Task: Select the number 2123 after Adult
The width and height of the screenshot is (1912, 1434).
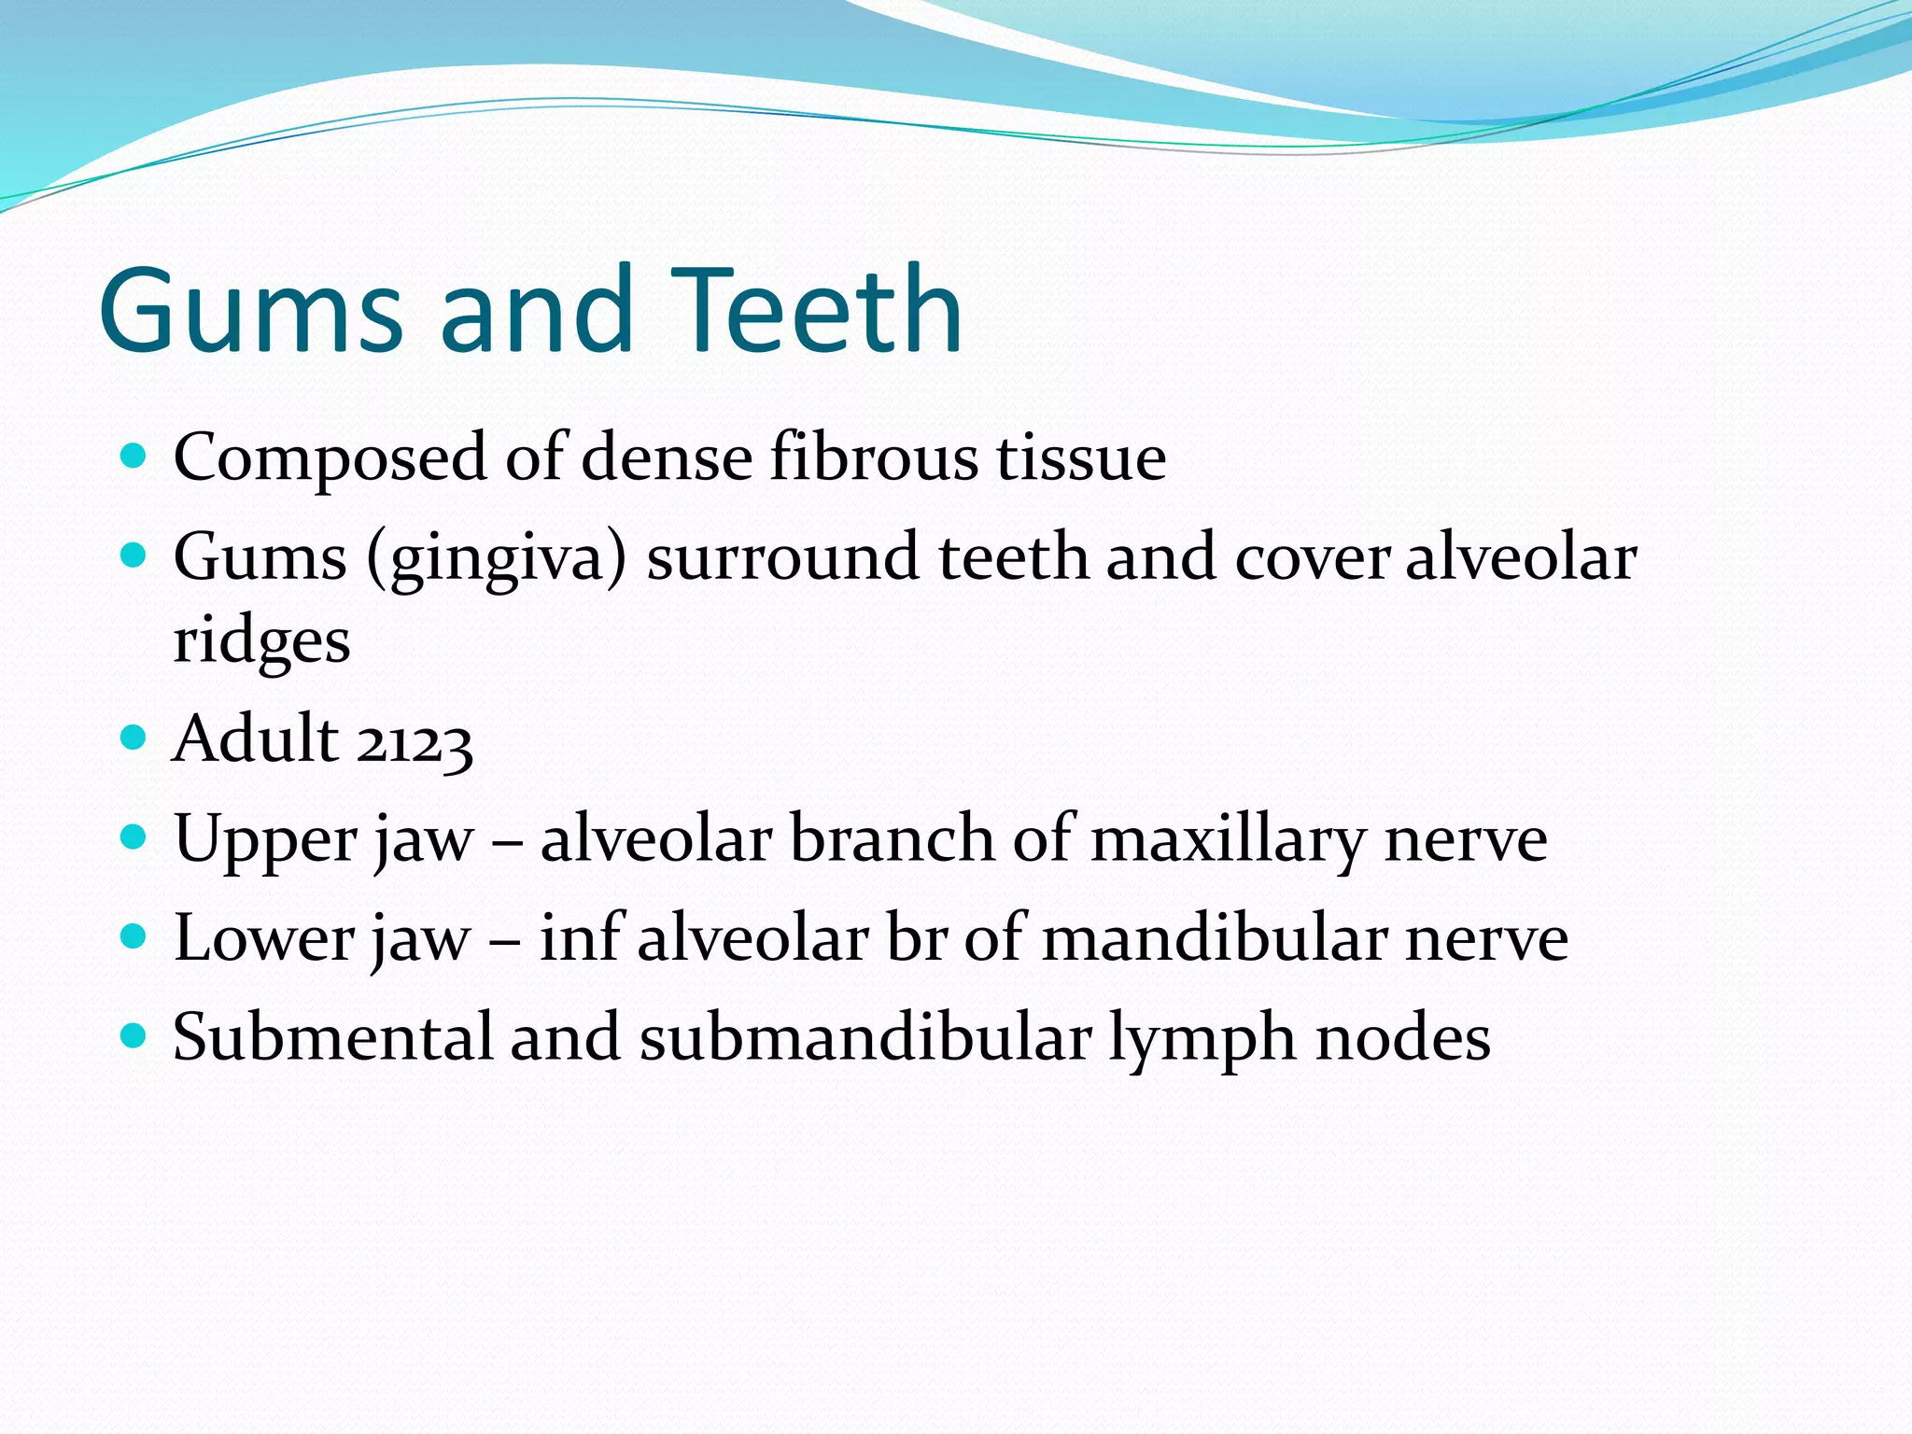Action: pos(415,742)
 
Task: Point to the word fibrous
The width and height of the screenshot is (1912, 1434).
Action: pos(873,457)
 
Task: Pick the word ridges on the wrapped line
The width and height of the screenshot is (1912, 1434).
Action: pos(262,642)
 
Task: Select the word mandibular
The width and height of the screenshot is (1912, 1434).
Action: pos(1214,938)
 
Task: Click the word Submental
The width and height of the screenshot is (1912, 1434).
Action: pos(332,1037)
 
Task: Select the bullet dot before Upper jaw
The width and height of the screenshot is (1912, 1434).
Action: pos(134,836)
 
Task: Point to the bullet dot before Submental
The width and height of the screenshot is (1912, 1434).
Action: pos(134,1035)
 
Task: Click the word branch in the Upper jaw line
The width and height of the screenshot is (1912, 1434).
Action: pos(892,838)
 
